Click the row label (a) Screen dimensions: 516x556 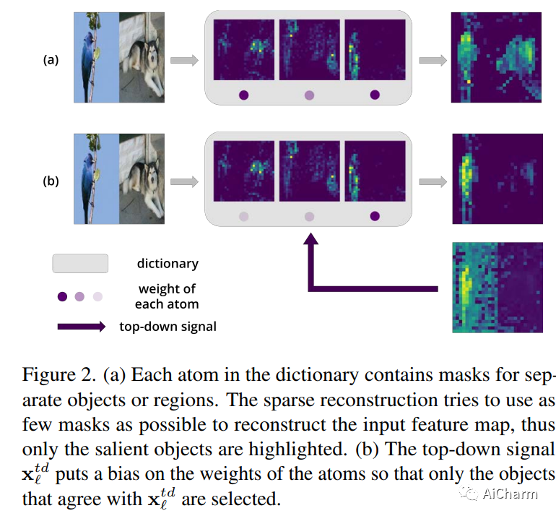pos(51,60)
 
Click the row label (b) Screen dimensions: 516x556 pos(51,181)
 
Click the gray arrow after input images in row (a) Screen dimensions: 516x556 pos(185,61)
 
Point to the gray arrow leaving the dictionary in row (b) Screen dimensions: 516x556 pos(432,182)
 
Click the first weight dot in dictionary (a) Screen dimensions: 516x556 pos(243,94)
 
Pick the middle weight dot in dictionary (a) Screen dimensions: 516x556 pos(309,94)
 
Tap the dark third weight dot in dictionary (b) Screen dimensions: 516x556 pos(375,215)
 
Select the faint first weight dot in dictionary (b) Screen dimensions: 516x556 pos(243,215)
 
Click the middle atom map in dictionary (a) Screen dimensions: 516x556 pos(309,49)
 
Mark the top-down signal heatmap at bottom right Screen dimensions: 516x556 pos(496,287)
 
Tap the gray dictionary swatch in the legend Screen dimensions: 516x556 pos(79,263)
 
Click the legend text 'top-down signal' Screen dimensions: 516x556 pos(168,326)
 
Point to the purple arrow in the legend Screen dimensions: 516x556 pos(79,327)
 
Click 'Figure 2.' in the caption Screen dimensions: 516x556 pos(59,376)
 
